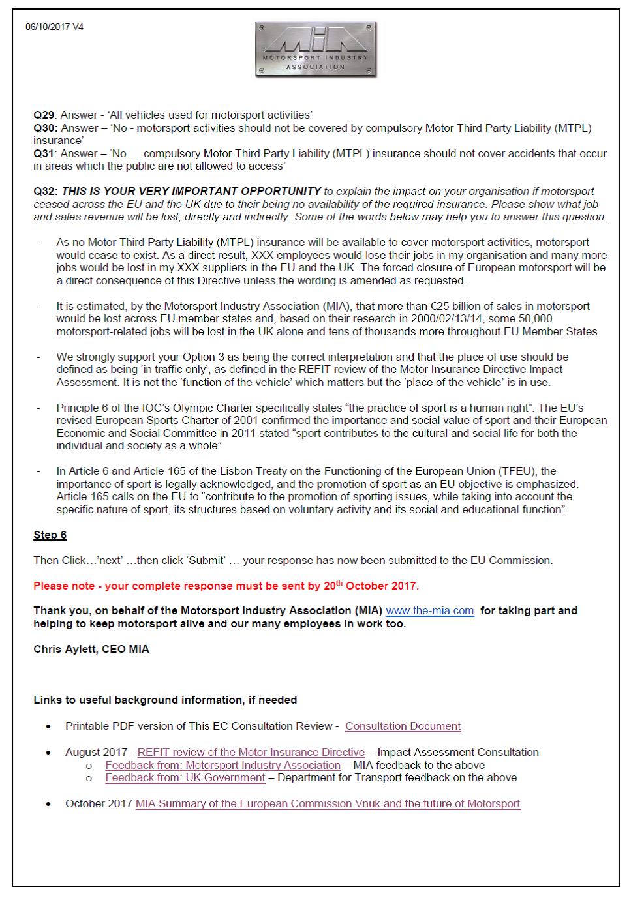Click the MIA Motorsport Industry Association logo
[316, 50]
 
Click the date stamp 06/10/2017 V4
[54, 27]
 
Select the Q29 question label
[44, 115]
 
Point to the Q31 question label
[44, 154]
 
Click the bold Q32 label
[46, 192]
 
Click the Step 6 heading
[50, 535]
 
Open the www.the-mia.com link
[429, 611]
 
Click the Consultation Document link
[403, 726]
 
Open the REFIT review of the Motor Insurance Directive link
[251, 753]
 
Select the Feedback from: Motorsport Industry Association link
[222, 765]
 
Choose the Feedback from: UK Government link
[185, 778]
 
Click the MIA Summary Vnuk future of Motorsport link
[328, 804]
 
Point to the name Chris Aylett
[65, 650]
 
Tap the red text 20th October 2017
[371, 586]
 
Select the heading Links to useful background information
[165, 700]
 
